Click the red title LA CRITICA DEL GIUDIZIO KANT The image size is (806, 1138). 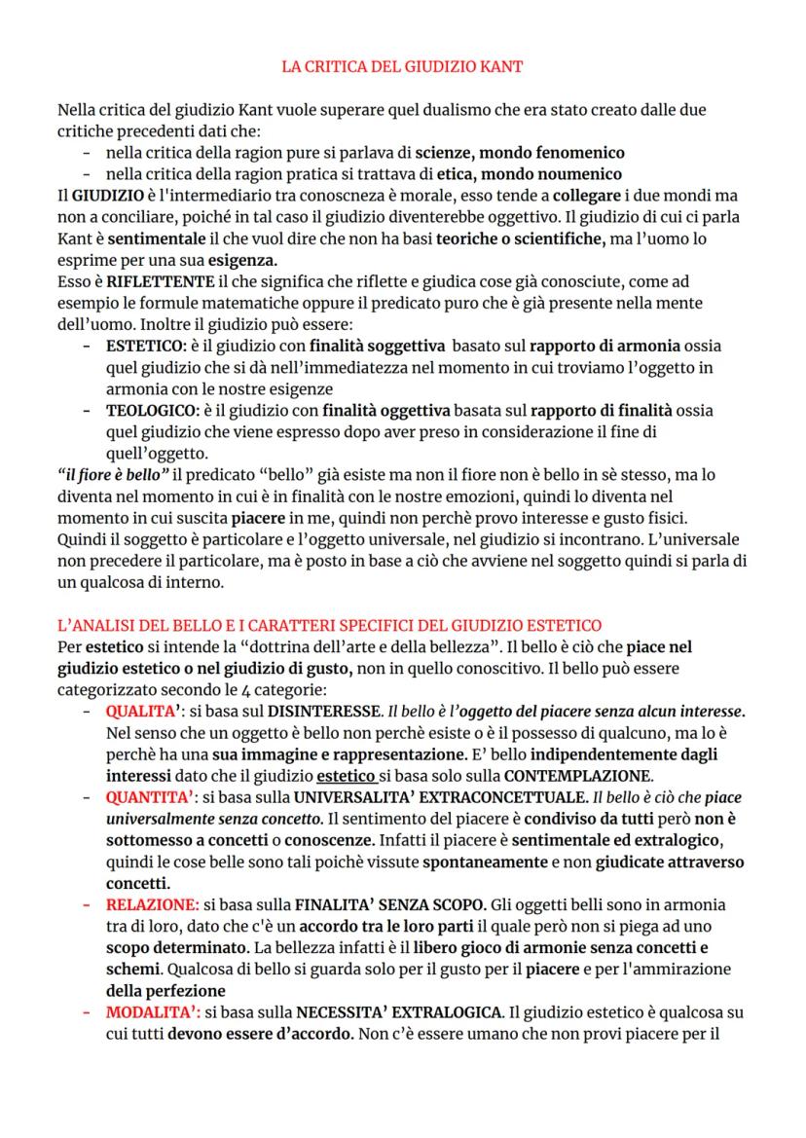tap(402, 67)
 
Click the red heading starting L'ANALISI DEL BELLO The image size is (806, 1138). tap(329, 624)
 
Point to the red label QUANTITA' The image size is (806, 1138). tap(147, 795)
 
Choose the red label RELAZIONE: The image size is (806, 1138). tap(152, 904)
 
